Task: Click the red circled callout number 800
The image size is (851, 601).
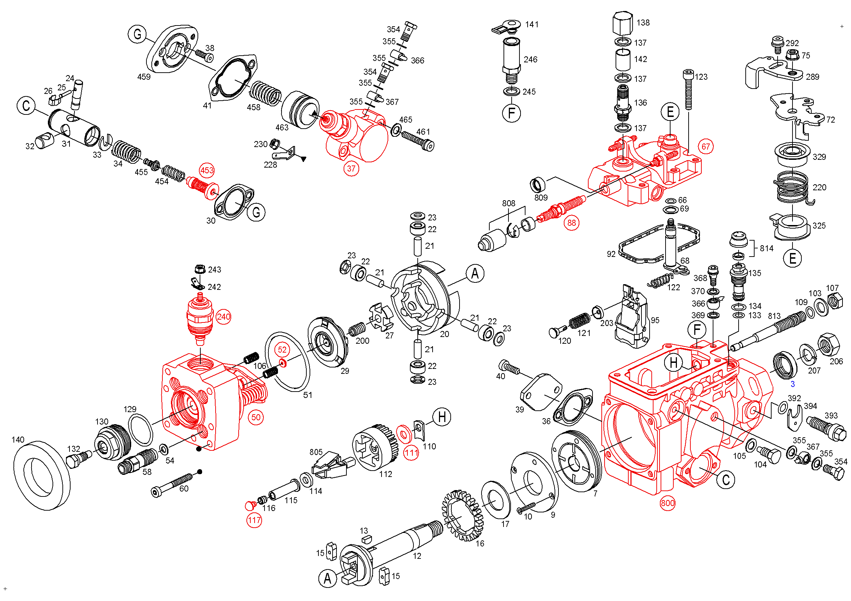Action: click(668, 503)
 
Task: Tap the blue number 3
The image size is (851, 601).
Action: click(793, 384)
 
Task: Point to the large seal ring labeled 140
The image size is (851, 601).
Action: click(41, 476)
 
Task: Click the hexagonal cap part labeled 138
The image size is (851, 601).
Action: click(623, 23)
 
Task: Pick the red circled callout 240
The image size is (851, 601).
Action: click(223, 316)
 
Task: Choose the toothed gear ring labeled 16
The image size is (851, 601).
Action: click(463, 516)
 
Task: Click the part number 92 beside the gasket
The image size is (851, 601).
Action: click(611, 254)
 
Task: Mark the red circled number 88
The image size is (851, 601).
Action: click(572, 223)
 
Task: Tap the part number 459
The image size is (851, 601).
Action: click(144, 77)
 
